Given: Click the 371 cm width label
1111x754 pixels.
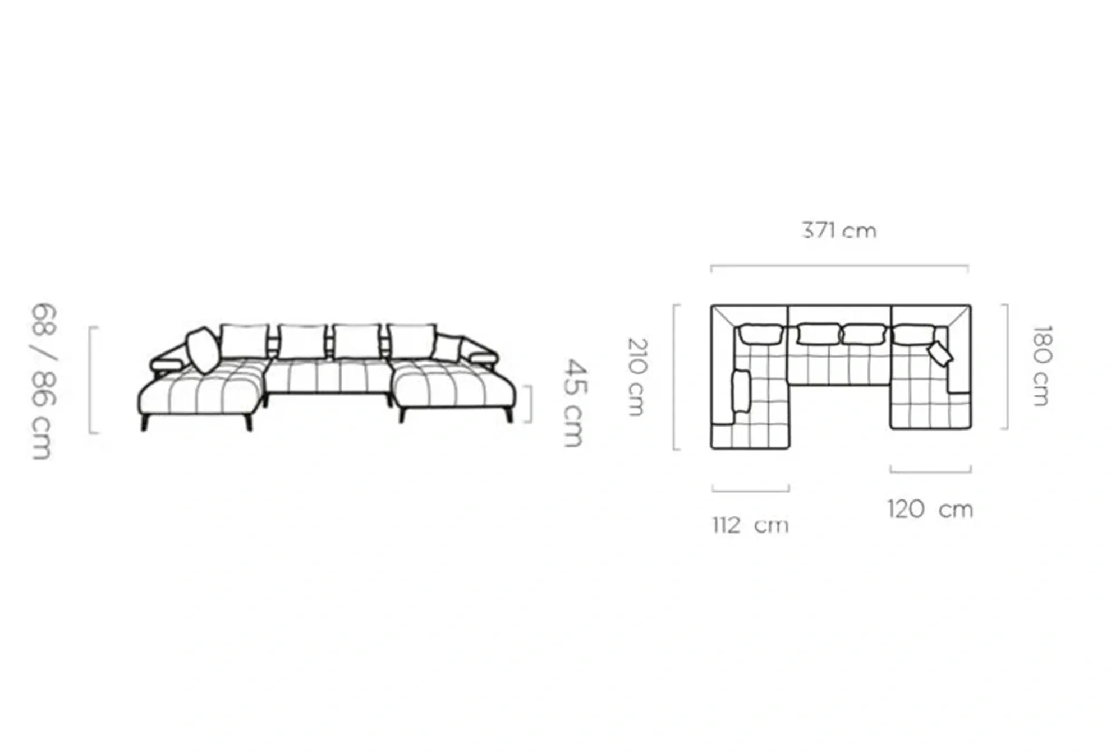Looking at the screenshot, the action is click(839, 230).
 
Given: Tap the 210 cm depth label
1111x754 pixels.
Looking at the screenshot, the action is click(637, 377).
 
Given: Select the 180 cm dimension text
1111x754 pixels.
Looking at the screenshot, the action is click(1042, 366).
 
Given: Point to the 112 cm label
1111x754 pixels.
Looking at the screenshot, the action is click(750, 525).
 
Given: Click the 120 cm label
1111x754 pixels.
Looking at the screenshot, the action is click(930, 509).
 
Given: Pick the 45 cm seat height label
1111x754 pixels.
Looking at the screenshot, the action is click(574, 403).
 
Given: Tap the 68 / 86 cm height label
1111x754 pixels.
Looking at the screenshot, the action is click(43, 381).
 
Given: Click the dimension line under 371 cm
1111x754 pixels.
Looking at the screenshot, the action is click(839, 266).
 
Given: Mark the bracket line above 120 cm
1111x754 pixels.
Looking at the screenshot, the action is click(930, 471).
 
